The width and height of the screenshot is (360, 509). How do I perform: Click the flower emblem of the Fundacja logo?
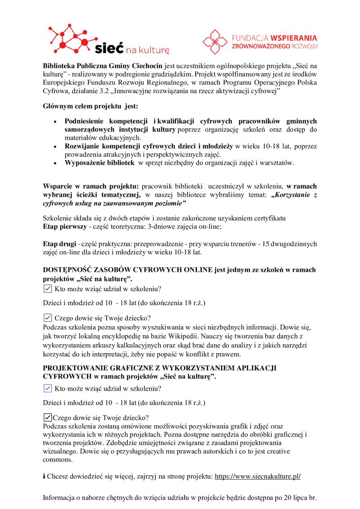point(215,41)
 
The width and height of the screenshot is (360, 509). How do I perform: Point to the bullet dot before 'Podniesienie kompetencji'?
point(55,122)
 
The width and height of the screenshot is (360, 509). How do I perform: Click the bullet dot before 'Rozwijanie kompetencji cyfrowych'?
point(55,147)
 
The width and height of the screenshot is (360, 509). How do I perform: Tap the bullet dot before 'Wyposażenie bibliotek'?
point(55,163)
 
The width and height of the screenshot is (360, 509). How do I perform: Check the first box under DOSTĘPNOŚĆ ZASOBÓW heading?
point(47,288)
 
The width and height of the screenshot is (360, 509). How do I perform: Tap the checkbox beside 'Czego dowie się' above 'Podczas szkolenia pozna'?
point(47,318)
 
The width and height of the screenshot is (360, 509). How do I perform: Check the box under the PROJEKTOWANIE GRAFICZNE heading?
point(47,388)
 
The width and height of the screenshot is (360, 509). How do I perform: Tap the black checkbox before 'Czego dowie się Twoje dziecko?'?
point(47,417)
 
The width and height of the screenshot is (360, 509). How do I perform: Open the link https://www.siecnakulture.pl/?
point(257,476)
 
